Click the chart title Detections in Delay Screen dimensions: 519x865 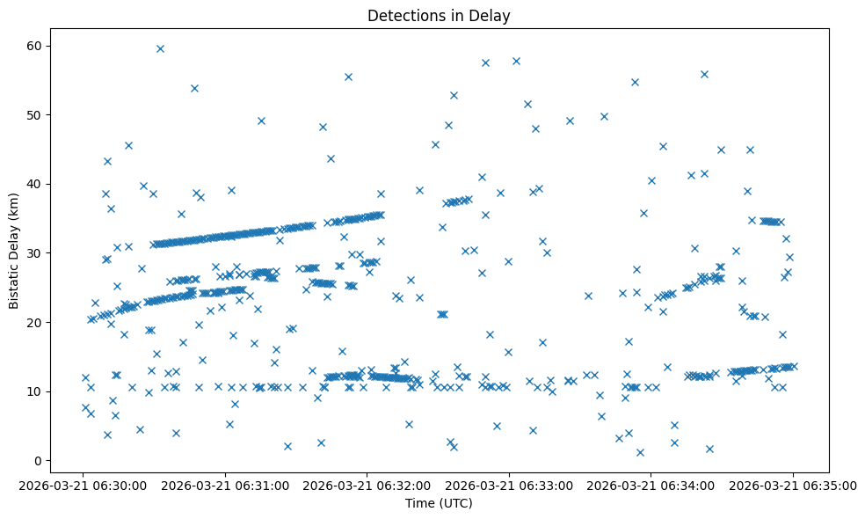(439, 15)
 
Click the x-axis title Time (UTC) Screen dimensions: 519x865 (439, 503)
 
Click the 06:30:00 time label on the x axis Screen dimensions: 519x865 (83, 485)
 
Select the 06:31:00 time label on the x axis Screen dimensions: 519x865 (225, 485)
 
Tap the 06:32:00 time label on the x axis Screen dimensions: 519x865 (367, 485)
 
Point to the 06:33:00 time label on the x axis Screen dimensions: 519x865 (509, 485)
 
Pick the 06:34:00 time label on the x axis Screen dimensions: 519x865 (651, 485)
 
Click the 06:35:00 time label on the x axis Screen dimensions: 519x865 (793, 485)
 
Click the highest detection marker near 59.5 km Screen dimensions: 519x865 (160, 48)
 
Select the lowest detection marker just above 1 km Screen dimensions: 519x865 (640, 452)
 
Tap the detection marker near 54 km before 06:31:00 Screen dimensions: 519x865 (194, 88)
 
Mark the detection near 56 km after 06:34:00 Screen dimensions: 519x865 (704, 74)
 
